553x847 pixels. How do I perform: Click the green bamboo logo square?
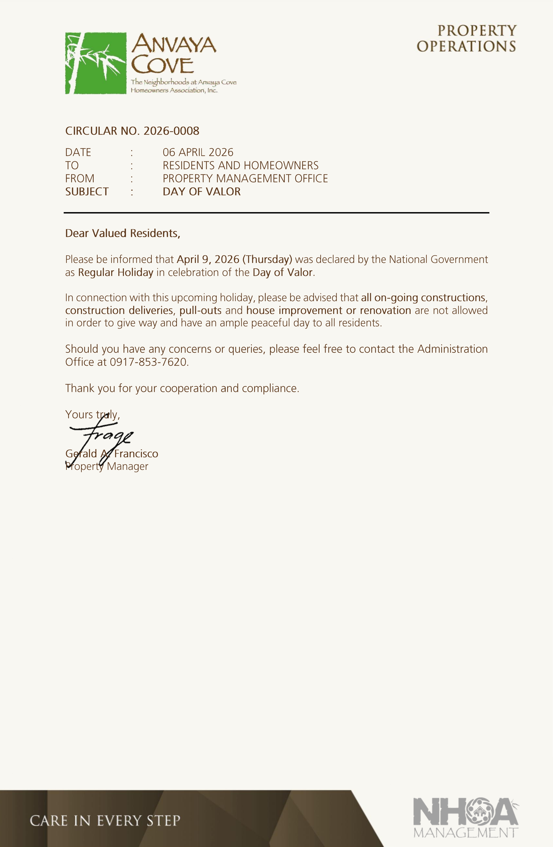click(x=96, y=63)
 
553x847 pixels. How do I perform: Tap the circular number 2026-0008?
click(x=171, y=131)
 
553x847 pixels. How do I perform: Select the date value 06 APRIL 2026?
click(x=198, y=152)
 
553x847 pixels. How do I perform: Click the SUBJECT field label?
click(x=87, y=192)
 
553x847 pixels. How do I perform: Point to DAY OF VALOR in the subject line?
click(x=202, y=192)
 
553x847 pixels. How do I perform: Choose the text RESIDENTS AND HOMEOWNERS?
click(x=241, y=165)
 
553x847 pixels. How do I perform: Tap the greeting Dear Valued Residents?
click(x=123, y=233)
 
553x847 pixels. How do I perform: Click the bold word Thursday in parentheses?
click(x=267, y=259)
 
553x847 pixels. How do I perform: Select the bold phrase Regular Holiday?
click(x=116, y=273)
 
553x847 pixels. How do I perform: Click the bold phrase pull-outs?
click(x=201, y=310)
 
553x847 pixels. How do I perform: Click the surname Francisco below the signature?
click(x=136, y=454)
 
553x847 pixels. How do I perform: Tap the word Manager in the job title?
click(x=128, y=466)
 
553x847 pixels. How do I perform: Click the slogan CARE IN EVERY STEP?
click(x=105, y=821)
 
